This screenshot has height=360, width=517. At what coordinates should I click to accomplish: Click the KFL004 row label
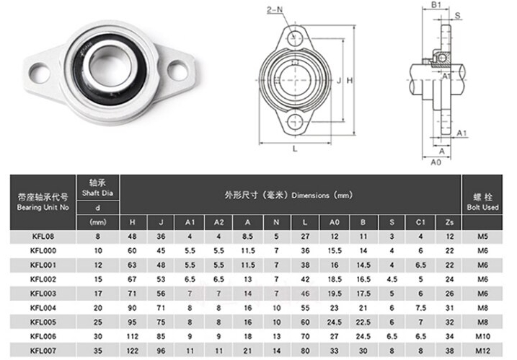click(43, 308)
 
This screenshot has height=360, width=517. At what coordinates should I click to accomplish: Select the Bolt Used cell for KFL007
click(482, 351)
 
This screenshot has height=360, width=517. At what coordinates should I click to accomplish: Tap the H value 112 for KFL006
click(132, 336)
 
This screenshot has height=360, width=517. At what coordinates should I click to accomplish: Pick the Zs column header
click(449, 222)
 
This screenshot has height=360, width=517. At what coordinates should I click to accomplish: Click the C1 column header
click(420, 222)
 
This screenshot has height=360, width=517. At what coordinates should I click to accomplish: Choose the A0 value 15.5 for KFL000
click(335, 251)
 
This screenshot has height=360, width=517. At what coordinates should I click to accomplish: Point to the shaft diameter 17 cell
click(98, 294)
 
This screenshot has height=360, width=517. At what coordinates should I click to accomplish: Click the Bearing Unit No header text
click(43, 207)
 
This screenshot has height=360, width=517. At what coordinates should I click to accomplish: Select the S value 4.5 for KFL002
click(392, 279)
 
